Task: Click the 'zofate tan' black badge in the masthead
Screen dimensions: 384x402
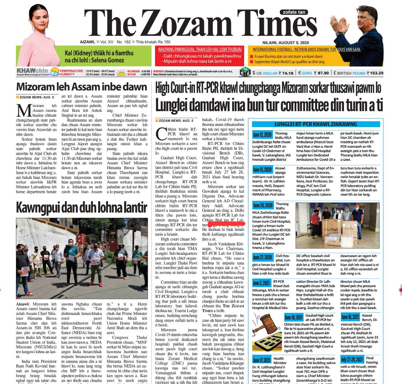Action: coord(294,12)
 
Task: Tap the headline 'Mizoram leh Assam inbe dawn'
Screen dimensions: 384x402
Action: coord(81,87)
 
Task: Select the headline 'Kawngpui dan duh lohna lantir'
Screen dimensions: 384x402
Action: coord(81,208)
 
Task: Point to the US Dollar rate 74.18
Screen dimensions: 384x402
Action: coord(286,73)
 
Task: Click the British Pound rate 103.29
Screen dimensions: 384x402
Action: coord(376,73)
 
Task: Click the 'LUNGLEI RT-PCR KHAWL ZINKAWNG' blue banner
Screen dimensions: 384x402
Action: coord(316,124)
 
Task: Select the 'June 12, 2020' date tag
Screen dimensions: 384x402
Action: coord(262,134)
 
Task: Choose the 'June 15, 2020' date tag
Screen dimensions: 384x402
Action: coord(262,169)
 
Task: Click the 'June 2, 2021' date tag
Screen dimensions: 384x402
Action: coord(262,283)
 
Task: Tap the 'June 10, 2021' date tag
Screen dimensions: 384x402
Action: coord(294,317)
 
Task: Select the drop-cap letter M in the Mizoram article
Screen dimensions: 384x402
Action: coord(23,110)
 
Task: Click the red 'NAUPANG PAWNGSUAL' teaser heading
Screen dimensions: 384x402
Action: coord(200,49)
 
